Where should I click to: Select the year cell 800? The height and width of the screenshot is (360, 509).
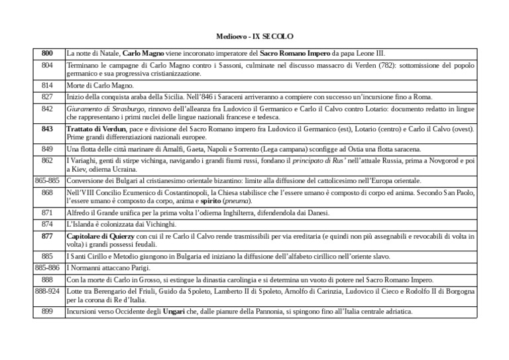pos(47,52)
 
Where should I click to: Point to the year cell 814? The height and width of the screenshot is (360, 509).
pos(47,86)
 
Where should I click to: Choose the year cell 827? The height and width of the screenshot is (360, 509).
pos(47,97)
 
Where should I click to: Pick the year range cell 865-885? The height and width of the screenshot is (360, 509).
pos(47,180)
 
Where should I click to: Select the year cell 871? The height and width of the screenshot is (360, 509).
pos(47,213)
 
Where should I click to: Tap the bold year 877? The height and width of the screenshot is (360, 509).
pos(47,235)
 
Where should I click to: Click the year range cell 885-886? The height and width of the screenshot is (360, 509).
pos(47,268)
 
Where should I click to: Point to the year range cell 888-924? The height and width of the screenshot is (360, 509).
pos(47,290)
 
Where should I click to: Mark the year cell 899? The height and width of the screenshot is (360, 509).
pos(47,311)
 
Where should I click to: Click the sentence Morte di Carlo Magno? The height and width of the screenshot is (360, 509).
pos(99,86)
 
